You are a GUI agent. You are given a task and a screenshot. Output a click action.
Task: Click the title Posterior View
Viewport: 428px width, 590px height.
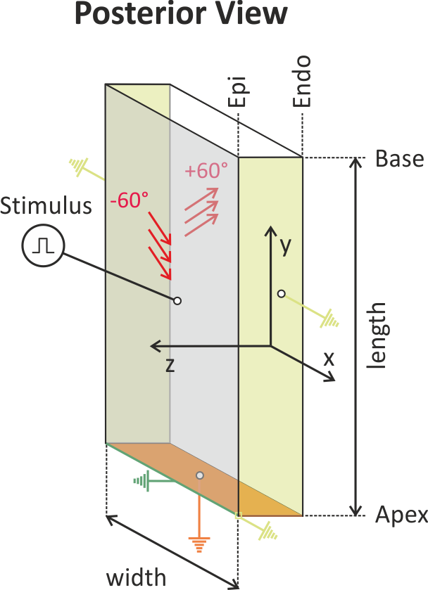pos(180,14)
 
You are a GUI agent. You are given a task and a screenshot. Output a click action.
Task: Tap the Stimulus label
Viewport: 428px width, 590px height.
pos(46,206)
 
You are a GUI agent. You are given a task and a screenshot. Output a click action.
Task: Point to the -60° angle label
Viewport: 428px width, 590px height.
pos(129,200)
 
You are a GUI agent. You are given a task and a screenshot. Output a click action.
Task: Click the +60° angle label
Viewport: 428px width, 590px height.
pos(206,171)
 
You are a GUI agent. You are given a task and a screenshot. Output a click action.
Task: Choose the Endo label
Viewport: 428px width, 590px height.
pos(303,82)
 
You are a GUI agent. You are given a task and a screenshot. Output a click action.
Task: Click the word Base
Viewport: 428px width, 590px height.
pos(399,158)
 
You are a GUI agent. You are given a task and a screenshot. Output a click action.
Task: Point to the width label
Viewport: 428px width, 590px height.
pos(137,577)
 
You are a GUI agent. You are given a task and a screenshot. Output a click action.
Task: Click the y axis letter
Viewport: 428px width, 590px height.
pos(285,245)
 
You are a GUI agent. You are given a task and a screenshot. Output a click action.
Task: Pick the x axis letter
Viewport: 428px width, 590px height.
pos(328,358)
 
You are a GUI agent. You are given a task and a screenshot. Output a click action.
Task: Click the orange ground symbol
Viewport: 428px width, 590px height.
pos(199,544)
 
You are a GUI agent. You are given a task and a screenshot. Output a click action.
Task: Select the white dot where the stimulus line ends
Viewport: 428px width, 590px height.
pos(177,301)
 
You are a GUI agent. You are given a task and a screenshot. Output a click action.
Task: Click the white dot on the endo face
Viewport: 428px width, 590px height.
pos(281,293)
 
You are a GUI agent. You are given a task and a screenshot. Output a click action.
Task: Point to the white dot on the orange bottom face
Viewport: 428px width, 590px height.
pos(200,476)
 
